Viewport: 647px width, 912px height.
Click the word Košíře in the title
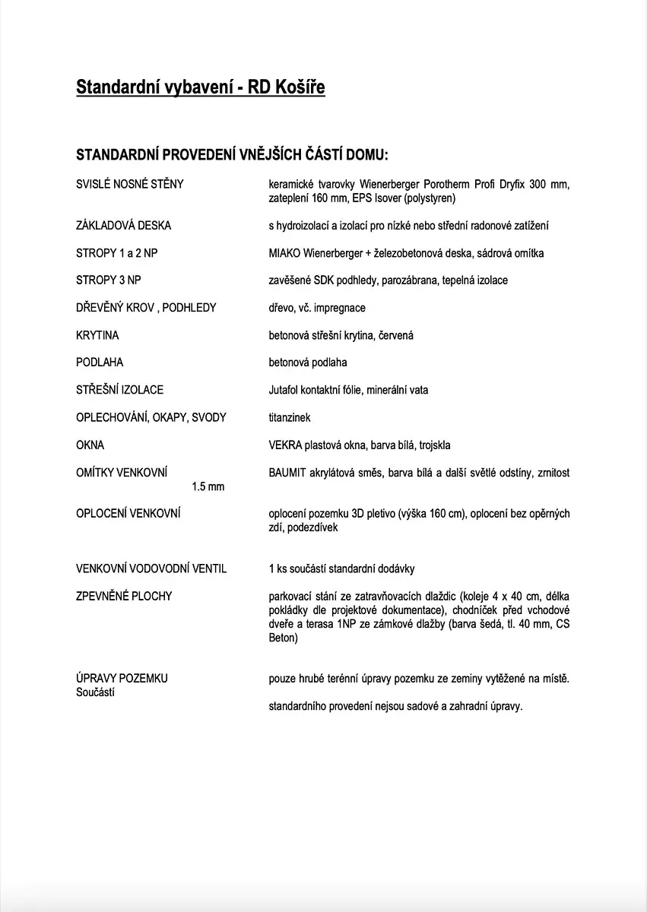tap(297, 88)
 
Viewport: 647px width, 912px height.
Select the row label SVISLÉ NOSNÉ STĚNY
tap(130, 184)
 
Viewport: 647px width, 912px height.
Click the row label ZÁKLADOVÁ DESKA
tap(124, 226)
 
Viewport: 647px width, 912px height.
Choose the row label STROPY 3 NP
tap(109, 280)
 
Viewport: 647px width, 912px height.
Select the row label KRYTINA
tap(97, 335)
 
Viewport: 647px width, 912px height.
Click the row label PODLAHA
tap(100, 363)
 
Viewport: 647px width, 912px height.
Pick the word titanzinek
tap(290, 417)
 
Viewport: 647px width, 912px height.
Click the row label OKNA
tap(90, 445)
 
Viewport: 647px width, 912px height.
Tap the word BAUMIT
tap(287, 473)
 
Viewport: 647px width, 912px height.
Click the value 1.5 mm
tap(208, 486)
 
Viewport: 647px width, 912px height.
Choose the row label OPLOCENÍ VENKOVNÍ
tap(128, 514)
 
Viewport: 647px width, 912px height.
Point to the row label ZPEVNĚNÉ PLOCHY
tap(124, 596)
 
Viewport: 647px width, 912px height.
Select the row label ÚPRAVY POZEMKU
tap(122, 678)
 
